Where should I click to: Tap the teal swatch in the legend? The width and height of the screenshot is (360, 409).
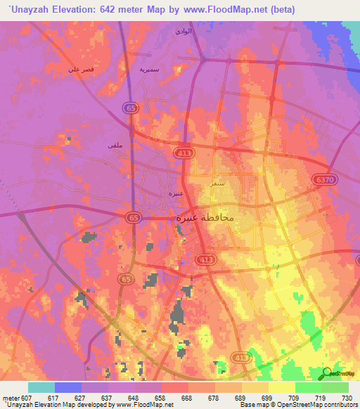(41, 387)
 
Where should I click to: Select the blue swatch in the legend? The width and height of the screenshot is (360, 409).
(68, 387)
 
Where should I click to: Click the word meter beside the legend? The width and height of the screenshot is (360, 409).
(10, 397)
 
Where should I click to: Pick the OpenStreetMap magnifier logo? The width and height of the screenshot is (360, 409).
(327, 373)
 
